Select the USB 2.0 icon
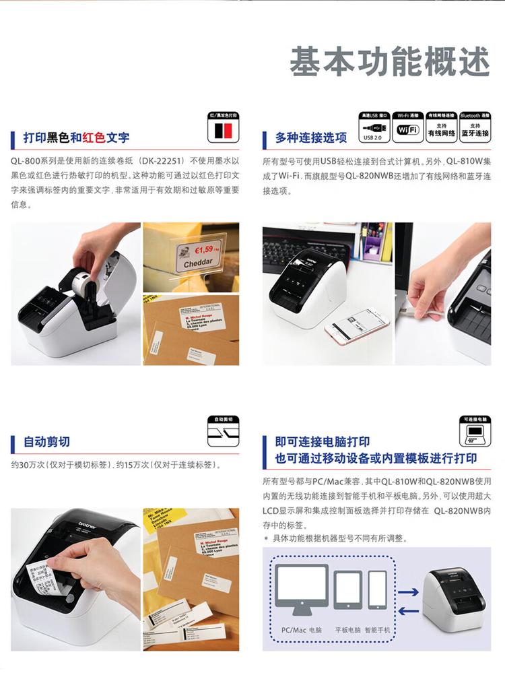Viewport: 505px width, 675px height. click(373, 129)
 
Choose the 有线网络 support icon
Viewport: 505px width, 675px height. click(442, 129)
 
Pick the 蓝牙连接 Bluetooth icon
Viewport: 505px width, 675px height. click(475, 129)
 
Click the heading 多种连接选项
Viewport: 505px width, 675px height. click(311, 138)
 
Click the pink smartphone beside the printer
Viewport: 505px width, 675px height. click(356, 327)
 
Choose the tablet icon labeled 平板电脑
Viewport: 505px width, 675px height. click(347, 589)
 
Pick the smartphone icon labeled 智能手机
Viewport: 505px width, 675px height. click(377, 589)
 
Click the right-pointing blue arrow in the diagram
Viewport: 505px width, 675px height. click(408, 592)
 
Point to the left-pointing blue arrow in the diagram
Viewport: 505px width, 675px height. click(408, 611)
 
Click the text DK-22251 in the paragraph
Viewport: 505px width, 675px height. click(162, 162)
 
